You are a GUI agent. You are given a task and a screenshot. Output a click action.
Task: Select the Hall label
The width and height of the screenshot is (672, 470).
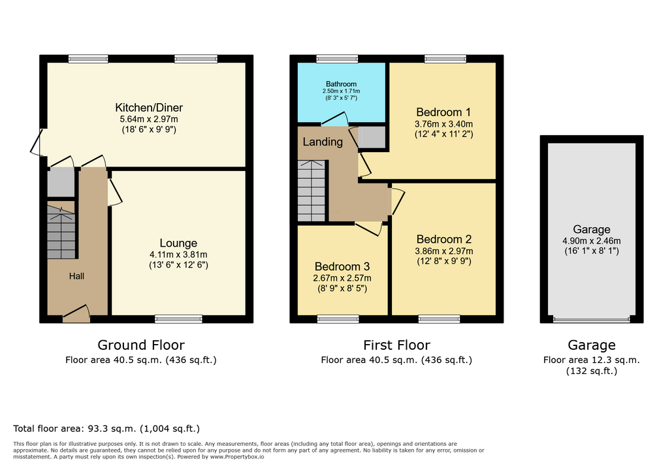point(77,276)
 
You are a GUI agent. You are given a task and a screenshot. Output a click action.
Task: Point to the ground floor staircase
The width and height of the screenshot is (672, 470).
point(61,231)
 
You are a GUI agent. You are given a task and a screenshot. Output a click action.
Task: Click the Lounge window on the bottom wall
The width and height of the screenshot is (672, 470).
point(178,319)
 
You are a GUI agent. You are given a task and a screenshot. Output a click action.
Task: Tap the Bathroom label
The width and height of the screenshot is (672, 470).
point(341,84)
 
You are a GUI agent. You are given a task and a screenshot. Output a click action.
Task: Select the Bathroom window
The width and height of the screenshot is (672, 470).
point(337,59)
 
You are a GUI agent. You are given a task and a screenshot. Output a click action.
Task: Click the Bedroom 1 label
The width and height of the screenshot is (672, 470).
point(443,112)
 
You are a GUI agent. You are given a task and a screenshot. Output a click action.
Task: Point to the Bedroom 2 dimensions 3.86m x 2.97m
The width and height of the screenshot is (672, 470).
point(444,251)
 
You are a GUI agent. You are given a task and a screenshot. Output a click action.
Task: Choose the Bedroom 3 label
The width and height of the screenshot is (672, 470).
point(342,266)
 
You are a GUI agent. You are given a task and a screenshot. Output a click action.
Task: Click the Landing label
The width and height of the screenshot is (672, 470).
point(323,142)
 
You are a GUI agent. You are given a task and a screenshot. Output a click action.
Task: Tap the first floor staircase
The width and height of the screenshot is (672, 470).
point(312,191)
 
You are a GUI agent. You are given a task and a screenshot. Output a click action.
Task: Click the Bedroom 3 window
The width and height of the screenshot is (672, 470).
point(338,319)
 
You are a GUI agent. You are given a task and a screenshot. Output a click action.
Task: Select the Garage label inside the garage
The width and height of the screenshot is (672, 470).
point(592,229)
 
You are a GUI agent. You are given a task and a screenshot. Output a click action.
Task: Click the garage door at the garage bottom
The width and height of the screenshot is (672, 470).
point(592,319)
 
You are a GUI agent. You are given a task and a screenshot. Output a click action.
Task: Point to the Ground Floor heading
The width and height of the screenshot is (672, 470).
point(141,345)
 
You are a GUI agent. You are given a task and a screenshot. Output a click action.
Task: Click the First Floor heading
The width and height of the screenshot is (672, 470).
point(396,345)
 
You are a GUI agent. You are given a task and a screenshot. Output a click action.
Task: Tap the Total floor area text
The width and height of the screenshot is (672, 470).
point(106,428)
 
